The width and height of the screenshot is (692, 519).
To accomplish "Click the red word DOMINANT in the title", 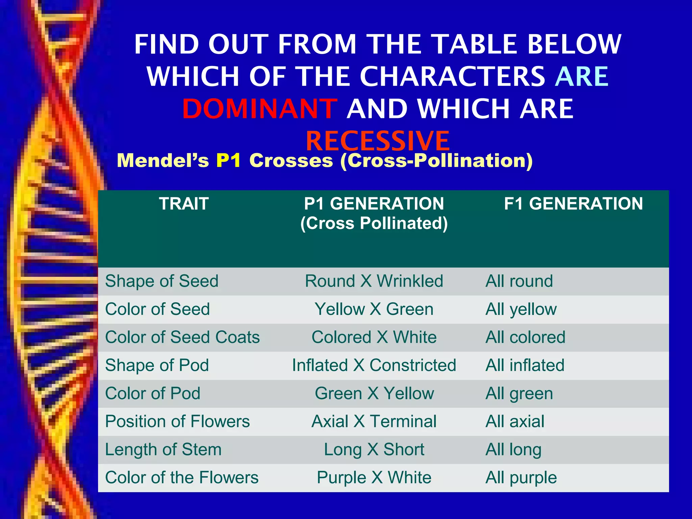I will coord(259,109).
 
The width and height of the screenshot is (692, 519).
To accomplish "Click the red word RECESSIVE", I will coord(377,141).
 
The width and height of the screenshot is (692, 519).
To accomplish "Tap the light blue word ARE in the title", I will coord(582,77).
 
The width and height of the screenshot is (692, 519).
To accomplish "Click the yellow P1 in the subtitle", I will coord(228,160).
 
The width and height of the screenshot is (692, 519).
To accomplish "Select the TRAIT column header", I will coord(184,204).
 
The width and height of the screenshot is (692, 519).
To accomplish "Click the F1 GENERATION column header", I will coord(573,204).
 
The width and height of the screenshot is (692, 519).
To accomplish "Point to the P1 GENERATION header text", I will coord(374,204).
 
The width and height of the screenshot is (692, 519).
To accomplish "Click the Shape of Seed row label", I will coord(162,281).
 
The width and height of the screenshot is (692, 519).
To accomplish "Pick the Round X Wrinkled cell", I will coord(374,281).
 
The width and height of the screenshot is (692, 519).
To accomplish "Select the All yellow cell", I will coord(521,310).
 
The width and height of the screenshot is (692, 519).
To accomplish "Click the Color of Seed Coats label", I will coord(182,337).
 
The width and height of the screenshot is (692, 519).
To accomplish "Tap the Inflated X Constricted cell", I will coord(374,365).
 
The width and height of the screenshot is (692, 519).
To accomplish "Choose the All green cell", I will coord(519,394).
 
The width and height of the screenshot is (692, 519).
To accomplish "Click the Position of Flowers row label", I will coord(177,421).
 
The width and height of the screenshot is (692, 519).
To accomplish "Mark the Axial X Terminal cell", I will coord(374,421).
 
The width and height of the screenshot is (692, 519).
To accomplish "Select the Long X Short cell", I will coord(374,449).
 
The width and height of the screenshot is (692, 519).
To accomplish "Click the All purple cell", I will coord(521,478).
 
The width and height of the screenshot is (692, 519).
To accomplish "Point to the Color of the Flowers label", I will coord(181,478).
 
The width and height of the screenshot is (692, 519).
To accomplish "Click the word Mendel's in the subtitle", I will coord(163,160).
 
